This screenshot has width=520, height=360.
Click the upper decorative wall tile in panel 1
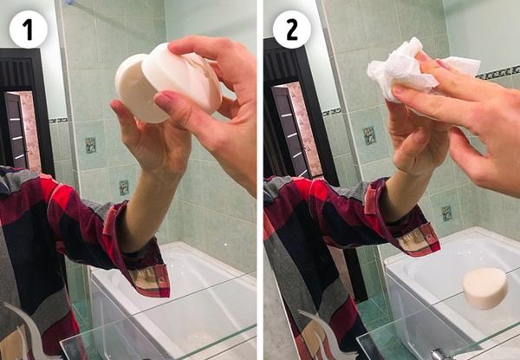click(x=90, y=145)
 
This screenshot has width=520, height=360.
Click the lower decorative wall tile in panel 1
click(x=124, y=187)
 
